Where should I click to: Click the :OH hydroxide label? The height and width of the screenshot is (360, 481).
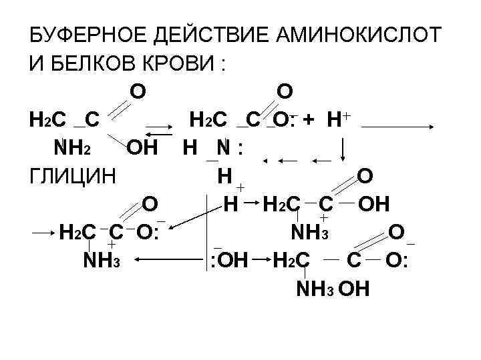coord(227,261)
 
